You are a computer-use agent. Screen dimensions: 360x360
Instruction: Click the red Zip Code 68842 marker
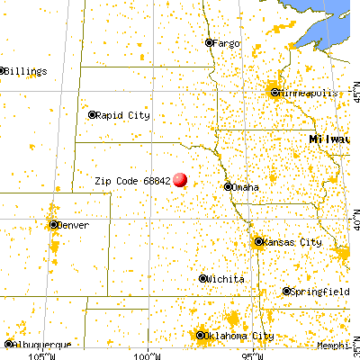click(180, 180)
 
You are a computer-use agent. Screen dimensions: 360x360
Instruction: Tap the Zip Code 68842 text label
click(131, 180)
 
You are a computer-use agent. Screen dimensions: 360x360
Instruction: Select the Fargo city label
click(229, 42)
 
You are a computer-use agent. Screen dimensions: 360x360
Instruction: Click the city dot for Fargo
click(209, 42)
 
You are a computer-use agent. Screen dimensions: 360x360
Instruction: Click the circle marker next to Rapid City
click(93, 114)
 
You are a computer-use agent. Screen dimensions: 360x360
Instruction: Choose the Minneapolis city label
click(310, 93)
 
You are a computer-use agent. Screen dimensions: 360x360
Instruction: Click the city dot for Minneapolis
click(275, 92)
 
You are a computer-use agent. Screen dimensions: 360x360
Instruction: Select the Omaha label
click(246, 187)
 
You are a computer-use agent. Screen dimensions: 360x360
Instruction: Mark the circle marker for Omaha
click(227, 187)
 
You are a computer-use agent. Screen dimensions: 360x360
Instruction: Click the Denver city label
click(75, 225)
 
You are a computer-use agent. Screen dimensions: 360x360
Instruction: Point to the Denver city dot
click(54, 225)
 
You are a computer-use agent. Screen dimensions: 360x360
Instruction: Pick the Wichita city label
click(226, 280)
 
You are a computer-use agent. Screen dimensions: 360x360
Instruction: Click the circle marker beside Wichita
click(203, 279)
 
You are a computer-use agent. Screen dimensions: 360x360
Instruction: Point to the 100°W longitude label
click(145, 354)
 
